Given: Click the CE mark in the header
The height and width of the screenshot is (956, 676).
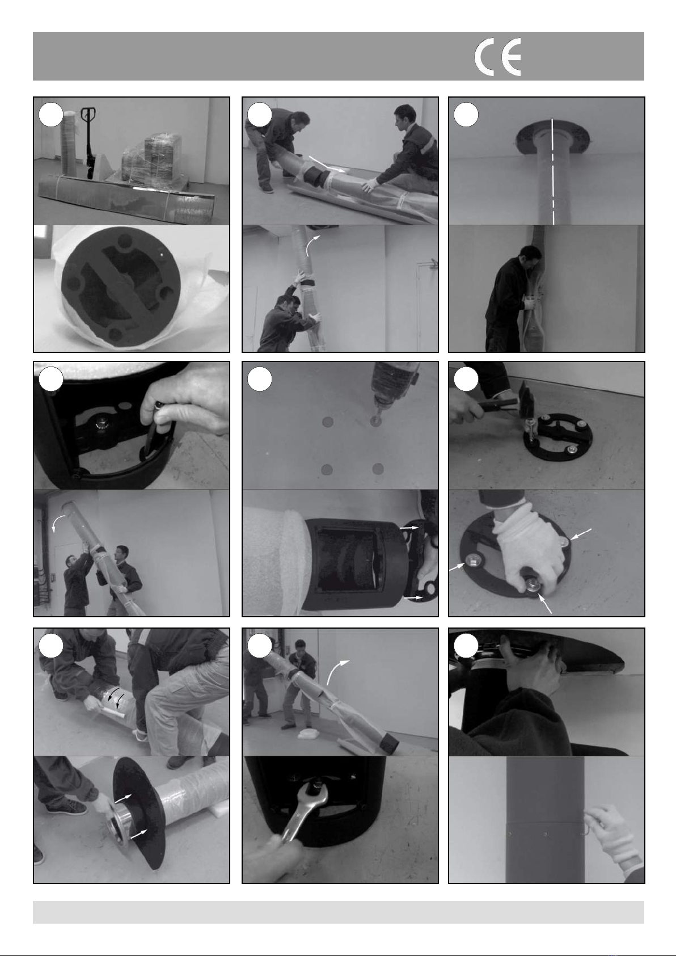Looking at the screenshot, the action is pyautogui.click(x=498, y=57).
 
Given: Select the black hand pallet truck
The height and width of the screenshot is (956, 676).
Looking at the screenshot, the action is pyautogui.click(x=88, y=143).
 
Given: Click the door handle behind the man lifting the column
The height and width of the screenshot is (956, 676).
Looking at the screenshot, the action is pyautogui.click(x=433, y=263).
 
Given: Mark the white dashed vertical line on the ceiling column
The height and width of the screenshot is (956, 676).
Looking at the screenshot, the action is pyautogui.click(x=553, y=171).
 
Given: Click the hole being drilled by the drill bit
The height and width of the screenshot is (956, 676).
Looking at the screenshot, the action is pyautogui.click(x=375, y=421).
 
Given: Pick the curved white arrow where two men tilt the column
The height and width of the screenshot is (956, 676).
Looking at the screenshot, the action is pyautogui.click(x=58, y=522).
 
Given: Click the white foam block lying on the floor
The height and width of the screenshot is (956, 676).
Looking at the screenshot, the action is pyautogui.click(x=308, y=734).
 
